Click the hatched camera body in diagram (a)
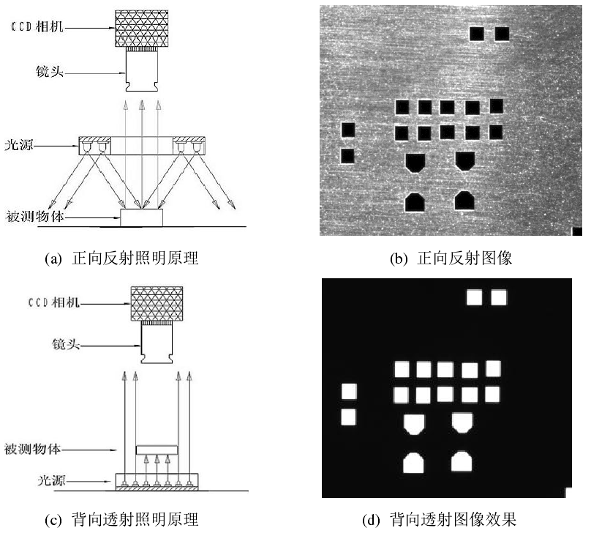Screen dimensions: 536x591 point(143,29)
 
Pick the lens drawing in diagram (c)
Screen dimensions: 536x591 point(157,346)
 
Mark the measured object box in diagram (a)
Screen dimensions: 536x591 point(142,217)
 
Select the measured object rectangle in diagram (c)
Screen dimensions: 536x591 point(157,448)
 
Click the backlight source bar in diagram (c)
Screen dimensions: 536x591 point(157,481)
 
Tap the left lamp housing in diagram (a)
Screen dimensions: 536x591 point(94,146)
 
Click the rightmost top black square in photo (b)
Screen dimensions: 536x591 point(502,34)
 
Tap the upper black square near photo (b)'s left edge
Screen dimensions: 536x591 point(348,130)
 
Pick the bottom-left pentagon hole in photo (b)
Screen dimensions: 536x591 point(415,200)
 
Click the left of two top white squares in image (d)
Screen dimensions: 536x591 point(475,297)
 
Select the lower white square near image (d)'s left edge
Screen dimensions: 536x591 point(348,417)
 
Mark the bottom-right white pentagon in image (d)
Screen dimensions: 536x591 point(462,461)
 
